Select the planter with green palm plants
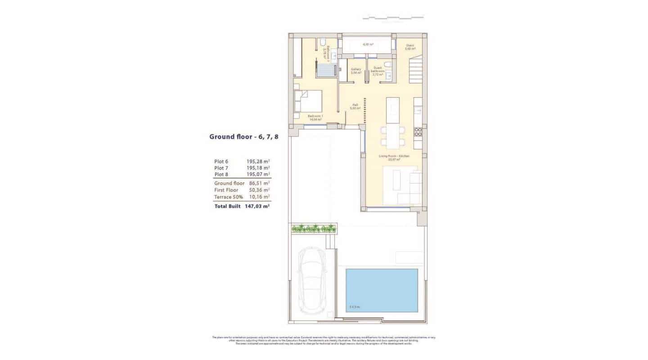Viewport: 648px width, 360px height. pos(314,229)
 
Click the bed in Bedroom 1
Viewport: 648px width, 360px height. pos(309,101)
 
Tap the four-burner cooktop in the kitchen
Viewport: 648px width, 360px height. pos(418,132)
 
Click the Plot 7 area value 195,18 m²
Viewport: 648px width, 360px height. pos(258,167)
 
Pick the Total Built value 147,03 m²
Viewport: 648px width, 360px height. pos(257,206)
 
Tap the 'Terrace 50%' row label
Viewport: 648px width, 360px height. pos(229,197)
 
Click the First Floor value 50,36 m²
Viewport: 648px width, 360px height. pos(259,190)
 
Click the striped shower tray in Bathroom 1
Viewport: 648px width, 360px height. pos(326,71)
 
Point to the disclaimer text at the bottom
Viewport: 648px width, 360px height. pos(324,340)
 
